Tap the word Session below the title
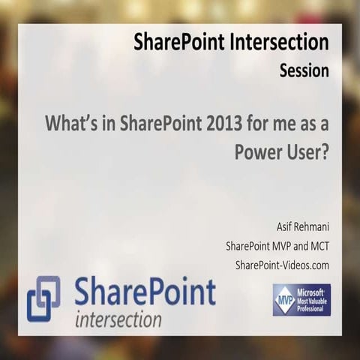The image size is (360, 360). (304, 71)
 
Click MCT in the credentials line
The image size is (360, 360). (316, 247)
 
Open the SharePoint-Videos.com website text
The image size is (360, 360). (282, 265)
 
